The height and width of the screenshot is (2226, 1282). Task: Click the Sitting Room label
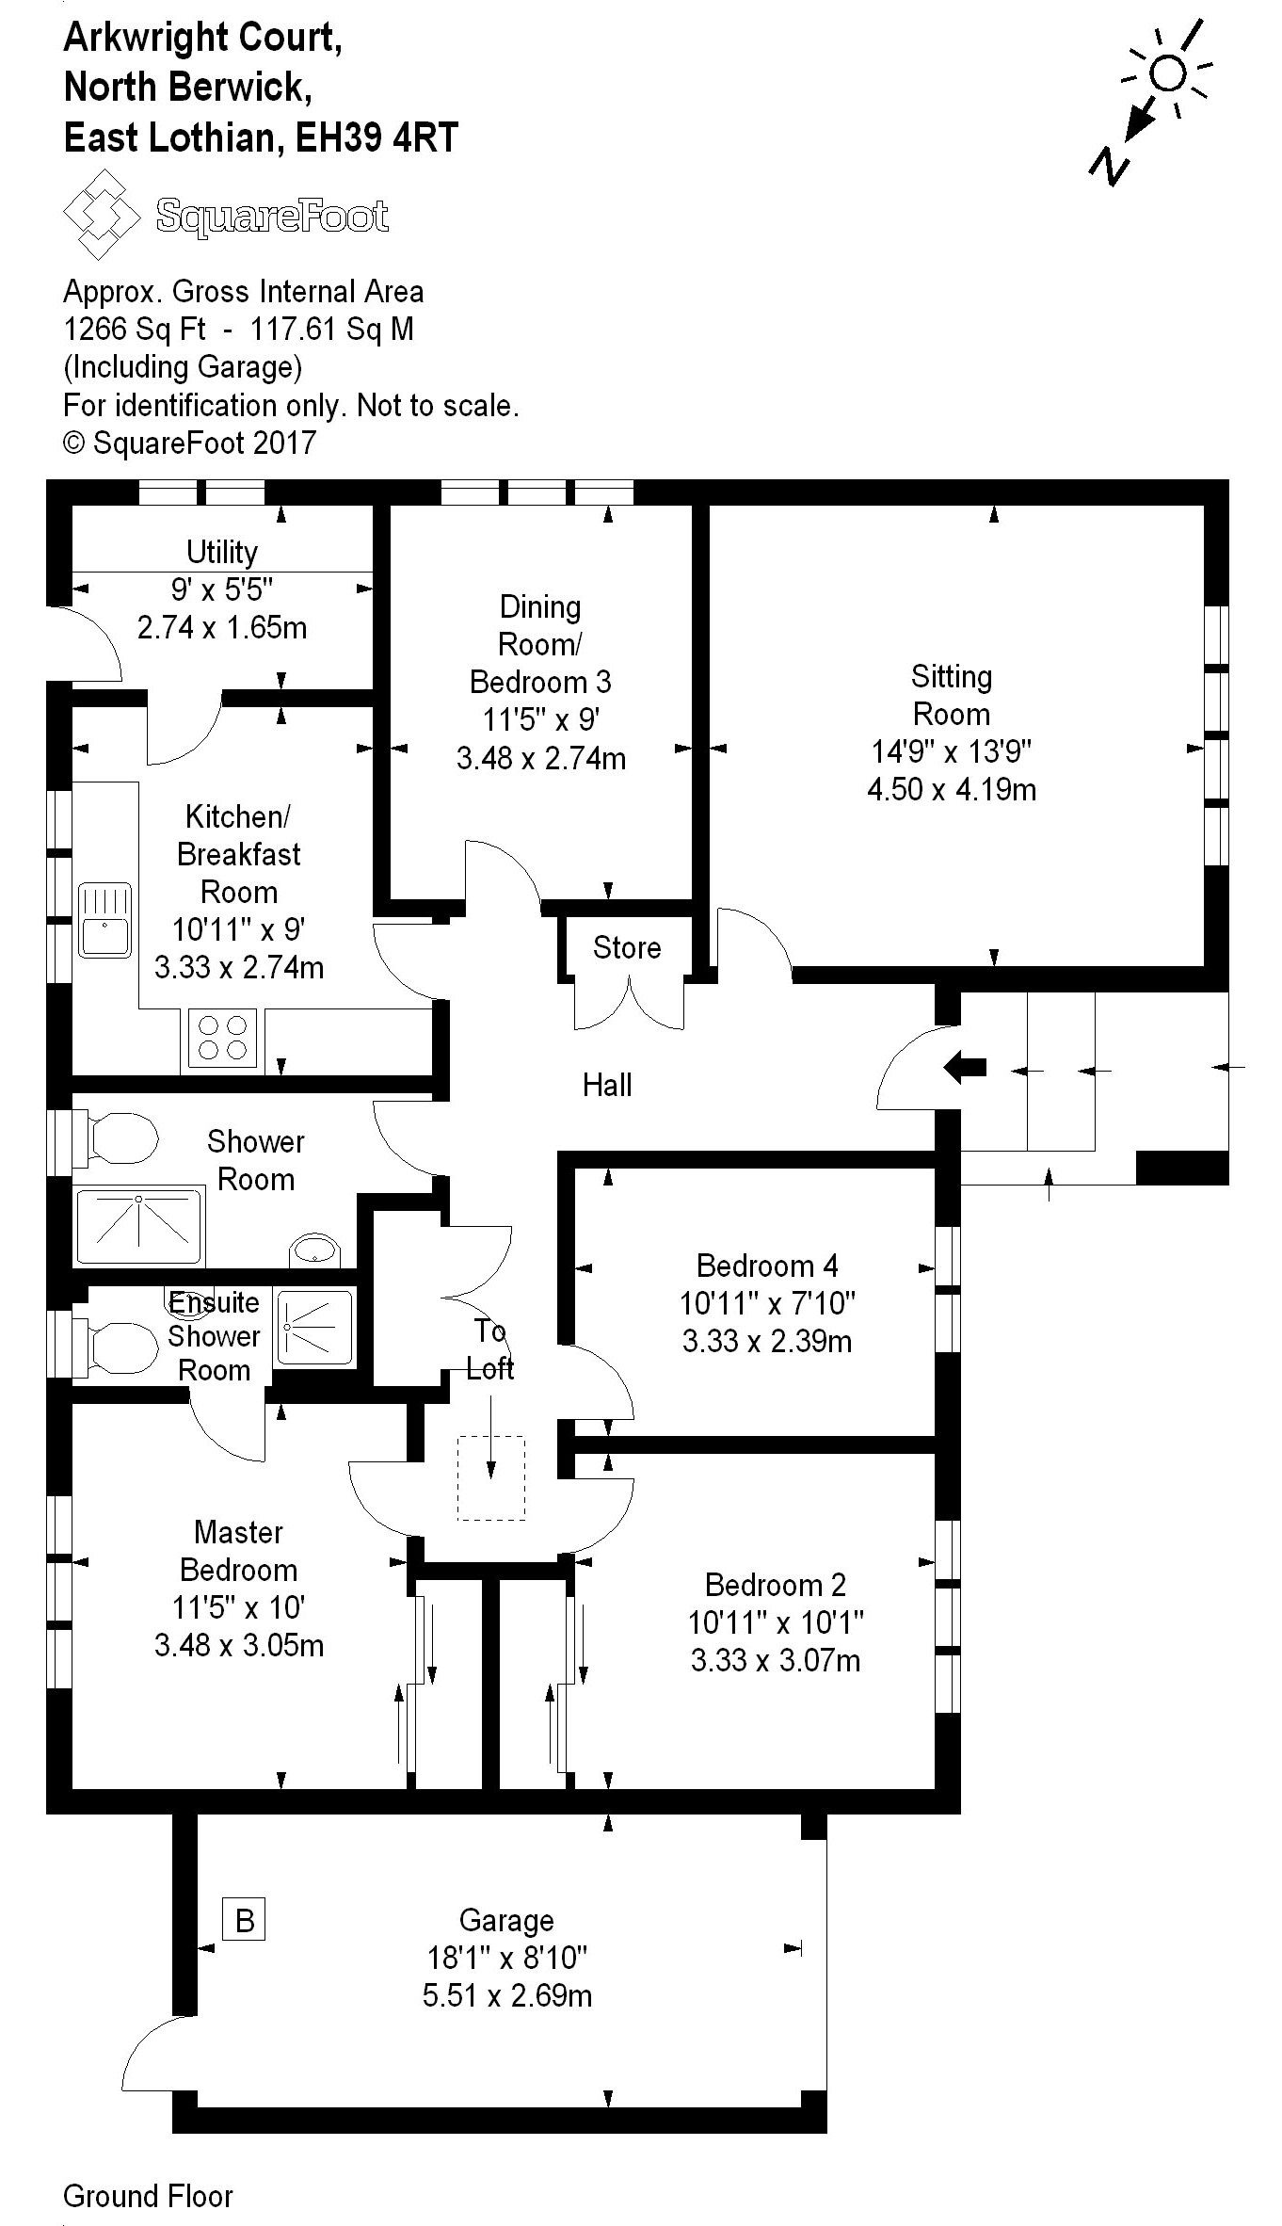coord(951,695)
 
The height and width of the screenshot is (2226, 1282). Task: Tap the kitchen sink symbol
coord(104,919)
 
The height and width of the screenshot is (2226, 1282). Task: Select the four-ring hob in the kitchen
coord(222,1037)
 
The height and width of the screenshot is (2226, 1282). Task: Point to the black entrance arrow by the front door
coord(965,1067)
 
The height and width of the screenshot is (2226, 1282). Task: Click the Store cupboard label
coord(627,947)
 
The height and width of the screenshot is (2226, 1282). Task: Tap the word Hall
coord(607,1085)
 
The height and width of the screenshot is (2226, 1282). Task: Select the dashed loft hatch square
coord(491,1476)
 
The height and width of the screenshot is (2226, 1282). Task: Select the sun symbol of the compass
coord(1168,73)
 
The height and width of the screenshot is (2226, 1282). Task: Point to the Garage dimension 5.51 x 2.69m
coord(506,1995)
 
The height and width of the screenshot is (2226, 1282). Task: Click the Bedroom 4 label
coord(767,1265)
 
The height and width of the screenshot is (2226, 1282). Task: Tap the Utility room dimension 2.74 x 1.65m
coord(222,627)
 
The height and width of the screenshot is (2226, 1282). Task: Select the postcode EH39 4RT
coord(377,138)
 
